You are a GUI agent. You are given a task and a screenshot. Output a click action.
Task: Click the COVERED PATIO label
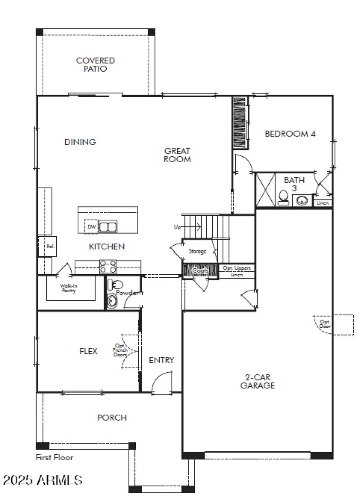(x=95, y=65)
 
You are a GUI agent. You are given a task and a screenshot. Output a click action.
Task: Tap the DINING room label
(x=80, y=142)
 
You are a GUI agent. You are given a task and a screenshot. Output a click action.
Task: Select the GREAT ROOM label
(x=177, y=155)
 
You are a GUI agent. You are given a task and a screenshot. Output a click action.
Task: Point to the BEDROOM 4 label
(x=290, y=134)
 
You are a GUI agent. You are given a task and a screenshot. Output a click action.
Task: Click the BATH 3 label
(x=294, y=184)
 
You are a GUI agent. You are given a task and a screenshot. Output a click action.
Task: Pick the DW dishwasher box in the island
(x=91, y=226)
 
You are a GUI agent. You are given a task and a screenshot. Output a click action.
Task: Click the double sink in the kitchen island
(x=108, y=226)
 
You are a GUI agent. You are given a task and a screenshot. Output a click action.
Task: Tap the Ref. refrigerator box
(x=50, y=246)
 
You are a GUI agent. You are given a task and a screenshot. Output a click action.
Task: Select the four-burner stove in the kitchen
(x=108, y=267)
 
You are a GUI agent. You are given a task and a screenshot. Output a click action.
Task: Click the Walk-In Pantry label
(x=69, y=288)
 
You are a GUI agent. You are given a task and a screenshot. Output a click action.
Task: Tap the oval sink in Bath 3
(x=302, y=200)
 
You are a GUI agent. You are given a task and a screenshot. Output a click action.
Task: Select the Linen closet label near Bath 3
(x=323, y=203)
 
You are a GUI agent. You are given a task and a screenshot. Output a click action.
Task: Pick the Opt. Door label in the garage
(x=324, y=324)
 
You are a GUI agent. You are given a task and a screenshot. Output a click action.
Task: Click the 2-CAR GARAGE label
(x=257, y=381)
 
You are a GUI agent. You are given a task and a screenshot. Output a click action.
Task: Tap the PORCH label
(x=112, y=418)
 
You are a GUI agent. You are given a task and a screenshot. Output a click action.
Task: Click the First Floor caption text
(x=54, y=457)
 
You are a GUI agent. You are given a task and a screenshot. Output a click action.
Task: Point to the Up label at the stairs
(x=177, y=226)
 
